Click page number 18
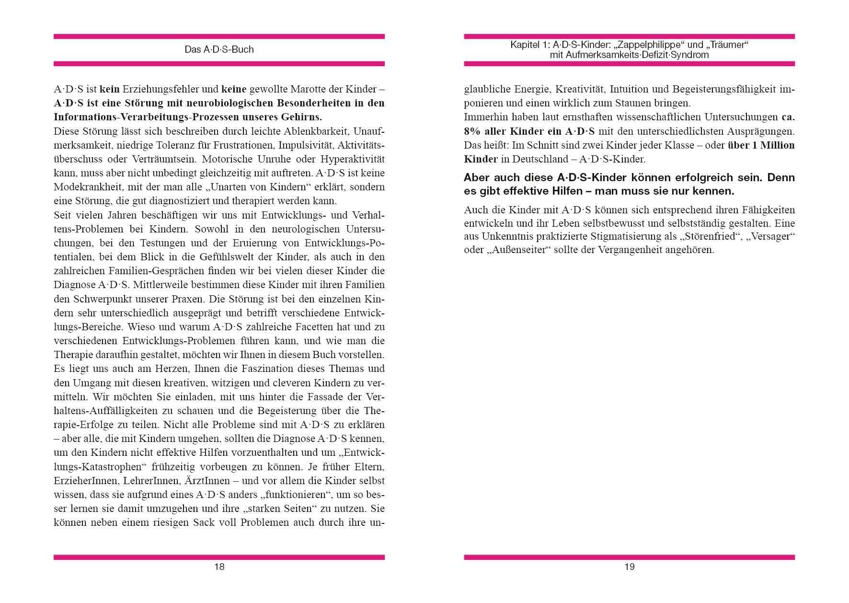click(x=219, y=567)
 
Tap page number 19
click(x=629, y=567)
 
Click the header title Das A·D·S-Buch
click(x=219, y=49)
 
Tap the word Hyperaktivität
click(x=352, y=159)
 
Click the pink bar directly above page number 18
click(x=219, y=557)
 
